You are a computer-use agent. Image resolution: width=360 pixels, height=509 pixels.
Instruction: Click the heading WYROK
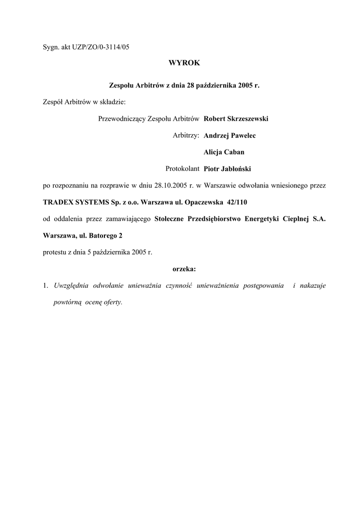[184, 64]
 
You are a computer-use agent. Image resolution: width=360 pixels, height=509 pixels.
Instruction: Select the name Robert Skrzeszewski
[236, 119]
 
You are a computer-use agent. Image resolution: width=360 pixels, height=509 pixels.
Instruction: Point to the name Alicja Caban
[224, 152]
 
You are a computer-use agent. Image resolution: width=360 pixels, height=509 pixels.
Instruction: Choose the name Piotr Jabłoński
[228, 169]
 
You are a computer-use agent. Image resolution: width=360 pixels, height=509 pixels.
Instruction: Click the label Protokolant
[182, 169]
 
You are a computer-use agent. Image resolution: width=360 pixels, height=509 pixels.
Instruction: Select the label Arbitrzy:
[186, 135]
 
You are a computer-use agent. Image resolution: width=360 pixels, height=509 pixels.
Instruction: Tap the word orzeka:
[184, 269]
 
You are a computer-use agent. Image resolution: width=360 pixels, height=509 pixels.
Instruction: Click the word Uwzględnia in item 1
[70, 286]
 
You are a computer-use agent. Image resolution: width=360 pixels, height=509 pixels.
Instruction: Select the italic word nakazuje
[313, 286]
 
